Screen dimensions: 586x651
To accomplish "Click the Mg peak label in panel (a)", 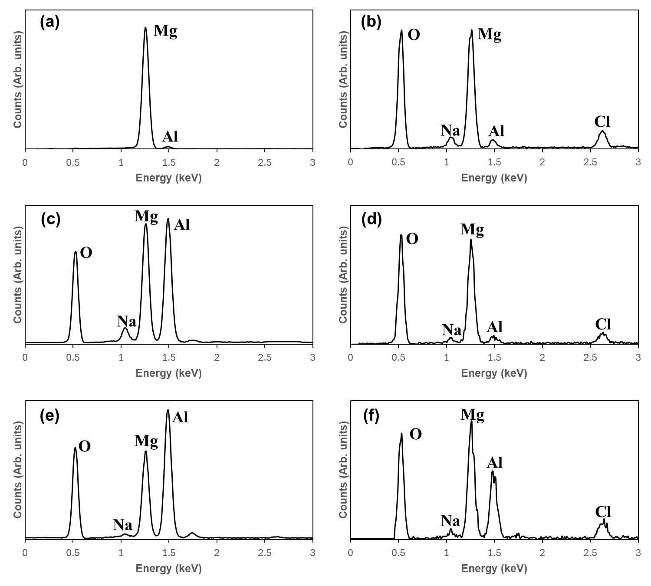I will (x=165, y=31).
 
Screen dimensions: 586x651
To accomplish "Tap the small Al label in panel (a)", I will (x=170, y=137).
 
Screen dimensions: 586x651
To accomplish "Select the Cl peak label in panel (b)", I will (x=602, y=122).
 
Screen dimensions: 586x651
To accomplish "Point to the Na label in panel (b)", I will (x=450, y=130).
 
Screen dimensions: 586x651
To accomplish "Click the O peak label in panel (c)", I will (x=86, y=253).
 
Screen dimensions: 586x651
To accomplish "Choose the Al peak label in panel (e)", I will (x=180, y=417).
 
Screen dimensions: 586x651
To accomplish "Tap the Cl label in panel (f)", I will (x=603, y=512).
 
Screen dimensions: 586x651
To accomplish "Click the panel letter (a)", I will (x=49, y=22).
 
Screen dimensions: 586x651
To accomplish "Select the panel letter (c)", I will (x=50, y=219).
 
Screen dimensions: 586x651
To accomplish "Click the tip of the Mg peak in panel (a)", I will (x=145, y=28).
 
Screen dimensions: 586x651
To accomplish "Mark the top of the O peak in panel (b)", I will (x=401, y=30).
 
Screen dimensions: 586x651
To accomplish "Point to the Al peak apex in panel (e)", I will (x=168, y=410).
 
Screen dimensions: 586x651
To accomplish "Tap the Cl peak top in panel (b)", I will (x=602, y=131).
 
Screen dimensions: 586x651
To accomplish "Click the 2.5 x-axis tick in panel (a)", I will (x=264, y=162).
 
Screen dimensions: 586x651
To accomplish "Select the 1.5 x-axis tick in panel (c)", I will (x=169, y=358).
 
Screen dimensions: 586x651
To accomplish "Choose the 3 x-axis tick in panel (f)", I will (x=638, y=553).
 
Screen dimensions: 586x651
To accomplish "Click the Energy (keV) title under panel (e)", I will (x=169, y=568).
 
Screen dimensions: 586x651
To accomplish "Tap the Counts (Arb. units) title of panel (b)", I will (x=343, y=80).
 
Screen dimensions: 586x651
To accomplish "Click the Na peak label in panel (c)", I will (x=127, y=322).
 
